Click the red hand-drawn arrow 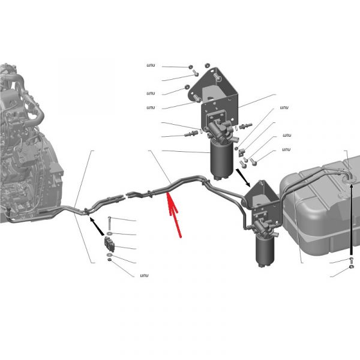point(174,214)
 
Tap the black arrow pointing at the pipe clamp point(97,226)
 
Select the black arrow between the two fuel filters point(243,178)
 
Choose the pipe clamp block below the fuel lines point(109,244)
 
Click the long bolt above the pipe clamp point(109,223)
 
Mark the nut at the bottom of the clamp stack point(110,260)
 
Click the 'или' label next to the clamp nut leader point(144,275)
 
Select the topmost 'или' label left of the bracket point(151,65)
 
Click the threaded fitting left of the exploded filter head point(191,133)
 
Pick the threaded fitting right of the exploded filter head point(245,126)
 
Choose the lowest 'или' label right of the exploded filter point(286,149)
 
